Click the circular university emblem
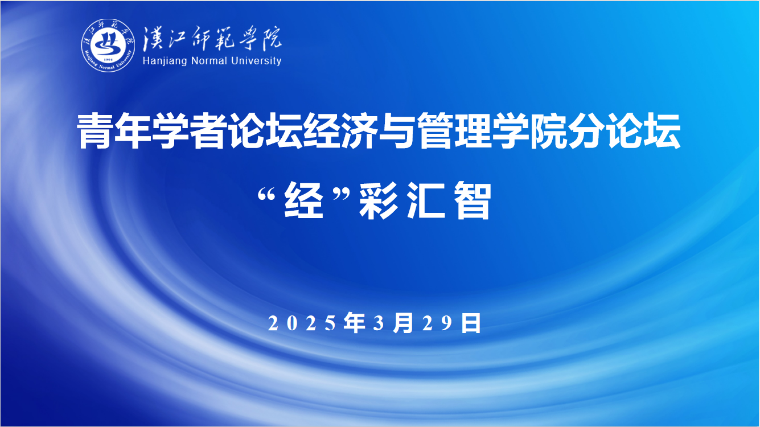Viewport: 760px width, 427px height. tap(108, 45)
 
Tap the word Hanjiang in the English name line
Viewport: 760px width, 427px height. tap(165, 61)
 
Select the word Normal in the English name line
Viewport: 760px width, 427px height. tap(209, 61)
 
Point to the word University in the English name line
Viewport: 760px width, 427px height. tap(256, 61)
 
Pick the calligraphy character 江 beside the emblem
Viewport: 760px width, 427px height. tap(179, 38)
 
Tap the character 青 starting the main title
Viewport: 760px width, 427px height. tap(95, 131)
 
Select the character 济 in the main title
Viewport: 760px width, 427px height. tap(359, 131)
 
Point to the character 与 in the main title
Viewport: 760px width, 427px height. tap(396, 131)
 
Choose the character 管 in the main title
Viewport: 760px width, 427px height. tap(434, 131)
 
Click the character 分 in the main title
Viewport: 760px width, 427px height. tap(586, 131)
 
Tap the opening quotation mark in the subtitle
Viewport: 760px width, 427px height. tap(266, 196)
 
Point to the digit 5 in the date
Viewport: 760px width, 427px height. tap(330, 323)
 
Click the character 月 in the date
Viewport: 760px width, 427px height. tap(403, 323)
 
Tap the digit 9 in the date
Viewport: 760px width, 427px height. tap(447, 323)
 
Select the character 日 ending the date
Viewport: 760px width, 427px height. tap(471, 323)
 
